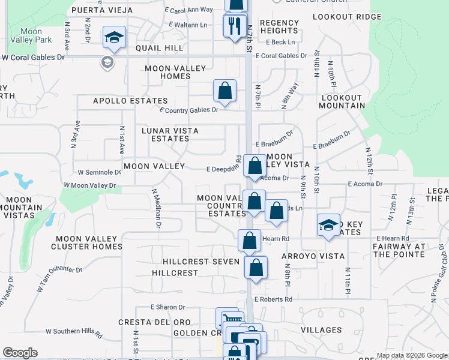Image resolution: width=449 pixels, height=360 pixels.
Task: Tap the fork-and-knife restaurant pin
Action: pos(233,25)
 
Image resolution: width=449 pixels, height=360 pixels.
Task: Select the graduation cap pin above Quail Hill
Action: pos(113,38)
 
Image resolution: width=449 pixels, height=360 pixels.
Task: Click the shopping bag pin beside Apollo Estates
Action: pos(224,91)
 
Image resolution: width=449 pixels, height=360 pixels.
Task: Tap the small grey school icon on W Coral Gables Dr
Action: pos(107,62)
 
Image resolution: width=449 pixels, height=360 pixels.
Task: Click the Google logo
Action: pos(20,353)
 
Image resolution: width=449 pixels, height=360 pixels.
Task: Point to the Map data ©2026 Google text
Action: pos(412,355)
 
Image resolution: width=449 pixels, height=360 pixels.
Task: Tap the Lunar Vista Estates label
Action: pos(170,134)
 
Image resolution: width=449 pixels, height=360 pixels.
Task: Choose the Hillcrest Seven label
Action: pos(200,262)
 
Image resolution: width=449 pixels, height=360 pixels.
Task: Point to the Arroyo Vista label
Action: pos(313,256)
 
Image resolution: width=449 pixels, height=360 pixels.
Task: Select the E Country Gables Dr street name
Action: pos(188,110)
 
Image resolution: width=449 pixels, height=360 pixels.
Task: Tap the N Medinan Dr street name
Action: pos(156,208)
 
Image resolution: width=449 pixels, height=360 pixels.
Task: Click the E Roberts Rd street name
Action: pos(273,299)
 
